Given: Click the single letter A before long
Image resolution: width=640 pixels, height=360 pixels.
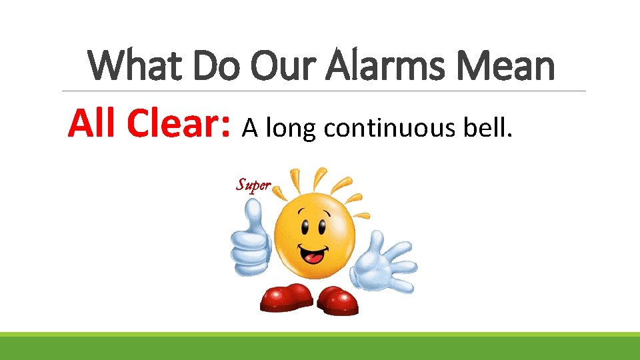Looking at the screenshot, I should (x=249, y=127).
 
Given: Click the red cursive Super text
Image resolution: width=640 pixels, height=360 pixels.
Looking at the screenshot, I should (x=253, y=185).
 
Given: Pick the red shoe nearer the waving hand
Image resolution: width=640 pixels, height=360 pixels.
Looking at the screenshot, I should (x=337, y=301).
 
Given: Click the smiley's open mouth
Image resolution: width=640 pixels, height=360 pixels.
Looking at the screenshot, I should (x=313, y=253).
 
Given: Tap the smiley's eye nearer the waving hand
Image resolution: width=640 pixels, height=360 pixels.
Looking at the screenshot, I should (x=323, y=226).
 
